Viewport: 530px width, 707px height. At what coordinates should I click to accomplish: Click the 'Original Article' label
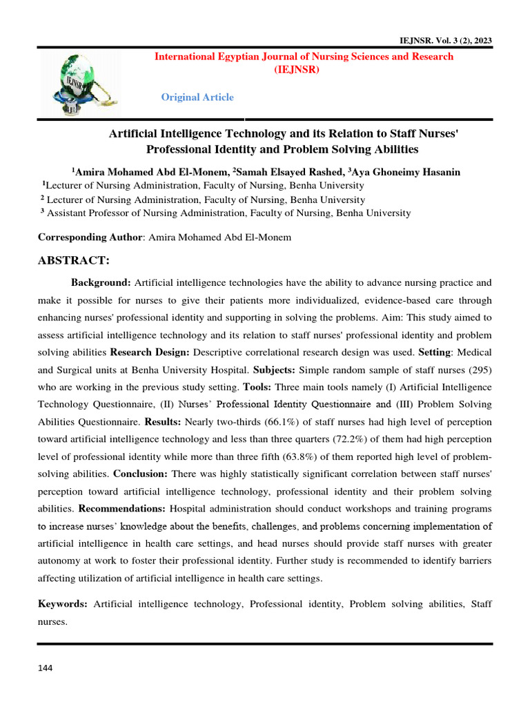[197, 97]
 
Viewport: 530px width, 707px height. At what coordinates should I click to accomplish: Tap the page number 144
[45, 668]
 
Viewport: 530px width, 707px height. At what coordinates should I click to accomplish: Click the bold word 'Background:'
[101, 282]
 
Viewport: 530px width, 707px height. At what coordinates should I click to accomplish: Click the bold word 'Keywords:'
[63, 604]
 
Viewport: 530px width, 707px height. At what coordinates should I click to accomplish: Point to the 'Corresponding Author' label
[89, 238]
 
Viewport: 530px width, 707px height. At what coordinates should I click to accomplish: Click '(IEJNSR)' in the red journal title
[304, 70]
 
